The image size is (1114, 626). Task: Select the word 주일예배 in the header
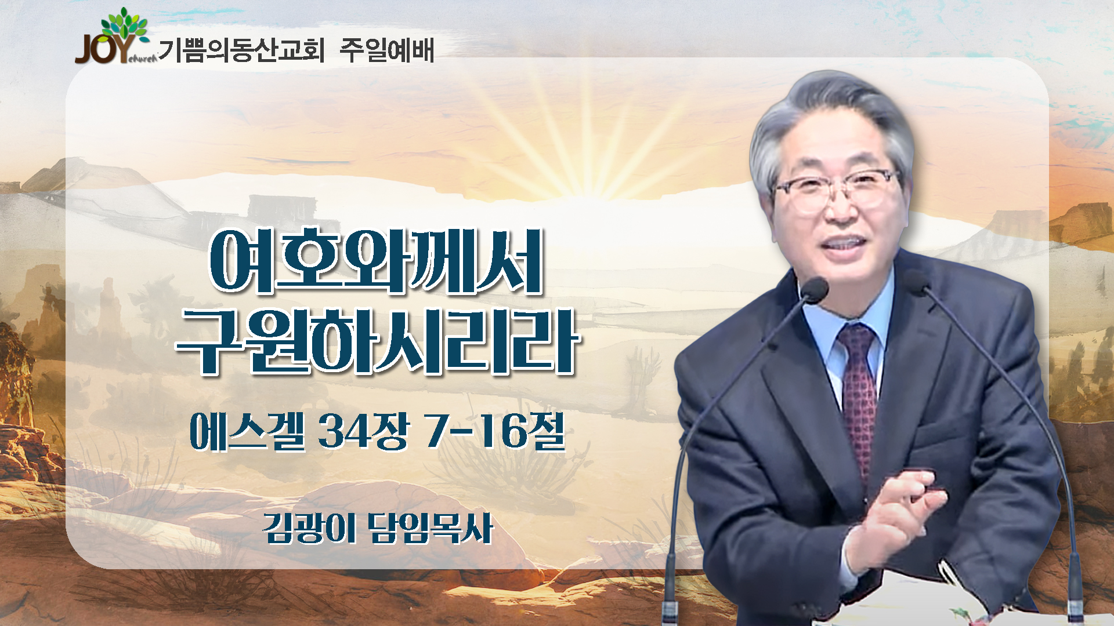(386, 50)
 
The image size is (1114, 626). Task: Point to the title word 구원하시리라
(378, 341)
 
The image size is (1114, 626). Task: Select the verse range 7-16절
(495, 432)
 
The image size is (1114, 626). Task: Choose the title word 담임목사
(431, 528)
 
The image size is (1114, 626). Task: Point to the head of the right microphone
(917, 282)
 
